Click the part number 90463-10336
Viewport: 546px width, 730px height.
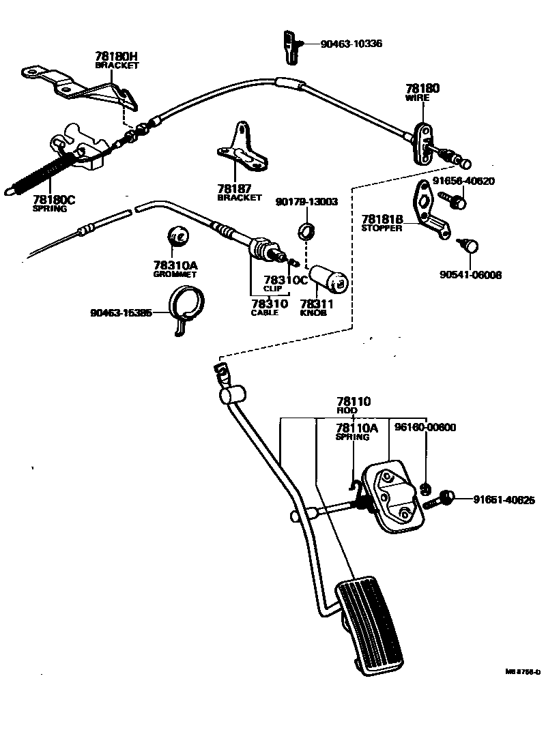click(x=351, y=44)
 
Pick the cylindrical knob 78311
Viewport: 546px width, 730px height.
click(x=328, y=278)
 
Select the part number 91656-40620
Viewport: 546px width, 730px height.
click(x=463, y=181)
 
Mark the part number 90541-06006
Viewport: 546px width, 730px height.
click(x=470, y=276)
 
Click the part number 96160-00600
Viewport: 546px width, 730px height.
click(x=425, y=427)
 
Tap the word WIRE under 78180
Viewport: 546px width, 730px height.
click(x=417, y=98)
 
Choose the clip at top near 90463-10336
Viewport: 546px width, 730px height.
click(x=289, y=45)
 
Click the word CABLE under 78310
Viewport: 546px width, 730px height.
click(x=265, y=312)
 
